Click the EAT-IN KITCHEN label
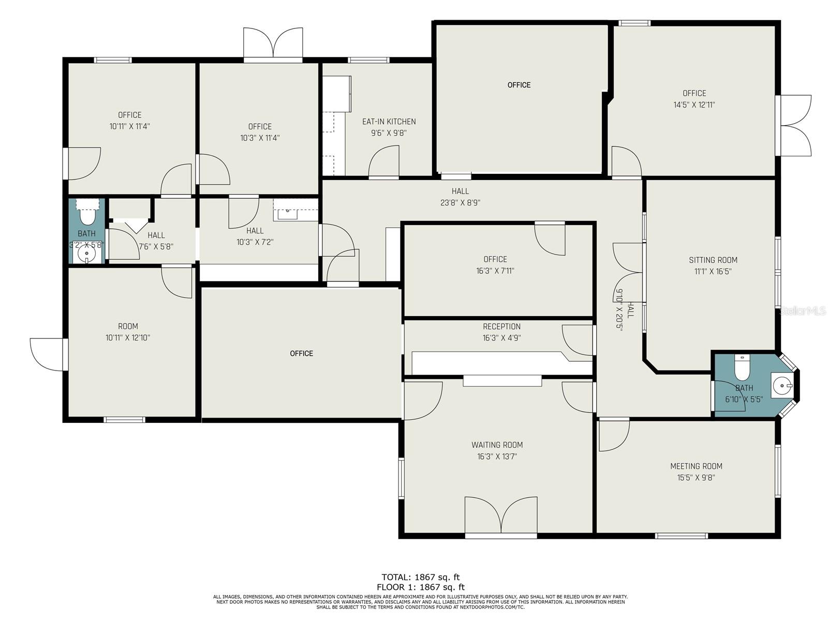(x=389, y=122)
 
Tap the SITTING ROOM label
(x=713, y=260)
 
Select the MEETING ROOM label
(x=696, y=466)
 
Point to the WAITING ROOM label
(x=497, y=445)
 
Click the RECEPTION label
(x=501, y=327)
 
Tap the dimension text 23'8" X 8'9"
(x=460, y=202)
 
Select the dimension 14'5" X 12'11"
(x=694, y=105)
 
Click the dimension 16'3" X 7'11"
(x=495, y=271)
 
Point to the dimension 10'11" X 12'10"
(x=127, y=337)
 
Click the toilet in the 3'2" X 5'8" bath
(x=87, y=214)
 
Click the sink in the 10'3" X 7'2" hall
(x=288, y=214)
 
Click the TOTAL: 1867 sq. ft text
(x=420, y=577)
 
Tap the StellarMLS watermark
(x=802, y=311)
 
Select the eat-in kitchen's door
(x=383, y=161)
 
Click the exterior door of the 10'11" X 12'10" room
(x=49, y=354)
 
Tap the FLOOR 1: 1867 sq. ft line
(x=420, y=587)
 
